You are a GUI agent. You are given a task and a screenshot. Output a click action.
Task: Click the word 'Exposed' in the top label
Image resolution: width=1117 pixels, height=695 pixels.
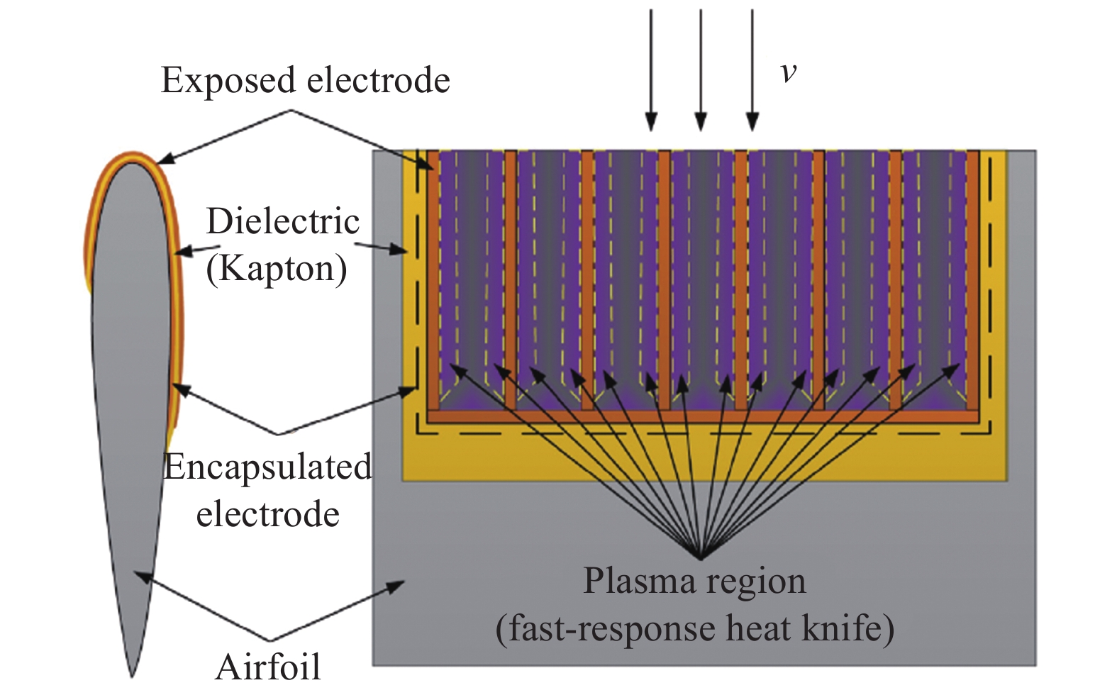pyautogui.click(x=228, y=81)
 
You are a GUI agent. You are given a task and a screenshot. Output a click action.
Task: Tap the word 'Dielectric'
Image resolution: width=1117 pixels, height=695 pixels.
pyautogui.click(x=282, y=221)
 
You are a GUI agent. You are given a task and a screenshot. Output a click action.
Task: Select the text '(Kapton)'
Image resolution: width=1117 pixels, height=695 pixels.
pyautogui.click(x=277, y=269)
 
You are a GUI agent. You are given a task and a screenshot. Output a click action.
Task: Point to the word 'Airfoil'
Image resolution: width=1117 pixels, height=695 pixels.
pyautogui.click(x=268, y=667)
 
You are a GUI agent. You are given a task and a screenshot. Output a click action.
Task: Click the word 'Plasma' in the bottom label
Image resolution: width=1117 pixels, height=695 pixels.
pyautogui.click(x=640, y=582)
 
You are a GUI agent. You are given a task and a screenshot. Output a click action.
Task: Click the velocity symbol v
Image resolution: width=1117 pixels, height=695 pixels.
pyautogui.click(x=788, y=72)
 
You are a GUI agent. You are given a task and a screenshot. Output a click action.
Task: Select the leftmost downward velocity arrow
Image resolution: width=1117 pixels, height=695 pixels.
pyautogui.click(x=650, y=71)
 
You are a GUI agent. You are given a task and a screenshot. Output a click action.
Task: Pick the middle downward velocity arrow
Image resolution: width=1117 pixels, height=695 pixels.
pyautogui.click(x=701, y=71)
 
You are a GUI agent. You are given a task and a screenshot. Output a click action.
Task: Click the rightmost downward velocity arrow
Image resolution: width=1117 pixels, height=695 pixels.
pyautogui.click(x=752, y=71)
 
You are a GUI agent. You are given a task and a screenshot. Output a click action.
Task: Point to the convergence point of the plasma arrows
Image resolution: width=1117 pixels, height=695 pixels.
pyautogui.click(x=701, y=557)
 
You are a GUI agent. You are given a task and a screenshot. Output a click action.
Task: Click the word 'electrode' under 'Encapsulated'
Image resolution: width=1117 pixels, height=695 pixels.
pyautogui.click(x=267, y=514)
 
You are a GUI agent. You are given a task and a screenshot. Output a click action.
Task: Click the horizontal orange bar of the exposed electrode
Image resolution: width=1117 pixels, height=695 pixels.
pyautogui.click(x=702, y=417)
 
